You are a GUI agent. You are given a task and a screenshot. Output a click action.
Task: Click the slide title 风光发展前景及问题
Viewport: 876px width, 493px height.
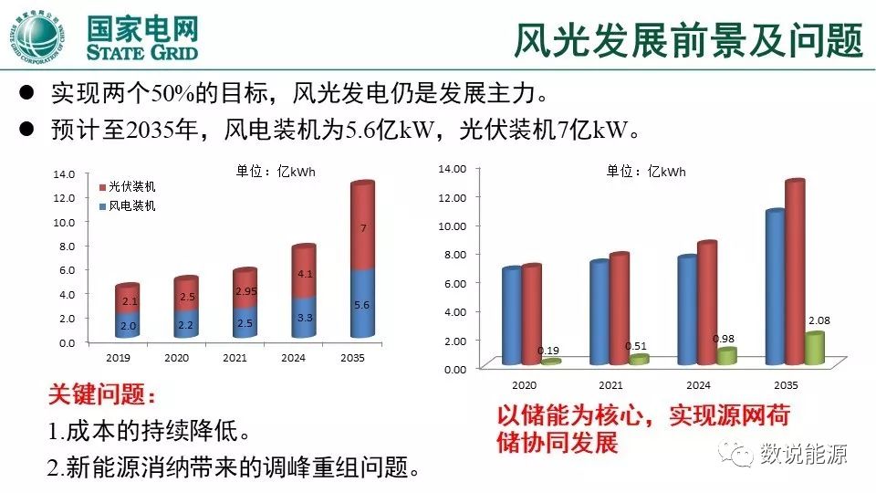688,38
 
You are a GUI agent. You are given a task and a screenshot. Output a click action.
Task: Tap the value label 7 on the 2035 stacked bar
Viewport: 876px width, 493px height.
362,228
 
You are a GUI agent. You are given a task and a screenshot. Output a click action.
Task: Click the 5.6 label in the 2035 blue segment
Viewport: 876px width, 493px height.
361,305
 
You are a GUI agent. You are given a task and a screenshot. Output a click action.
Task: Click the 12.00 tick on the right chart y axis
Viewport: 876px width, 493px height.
454,197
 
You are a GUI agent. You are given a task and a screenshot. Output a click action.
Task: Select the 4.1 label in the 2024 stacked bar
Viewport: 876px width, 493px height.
306,274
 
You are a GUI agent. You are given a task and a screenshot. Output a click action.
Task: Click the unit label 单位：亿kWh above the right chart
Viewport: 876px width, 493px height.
646,171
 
